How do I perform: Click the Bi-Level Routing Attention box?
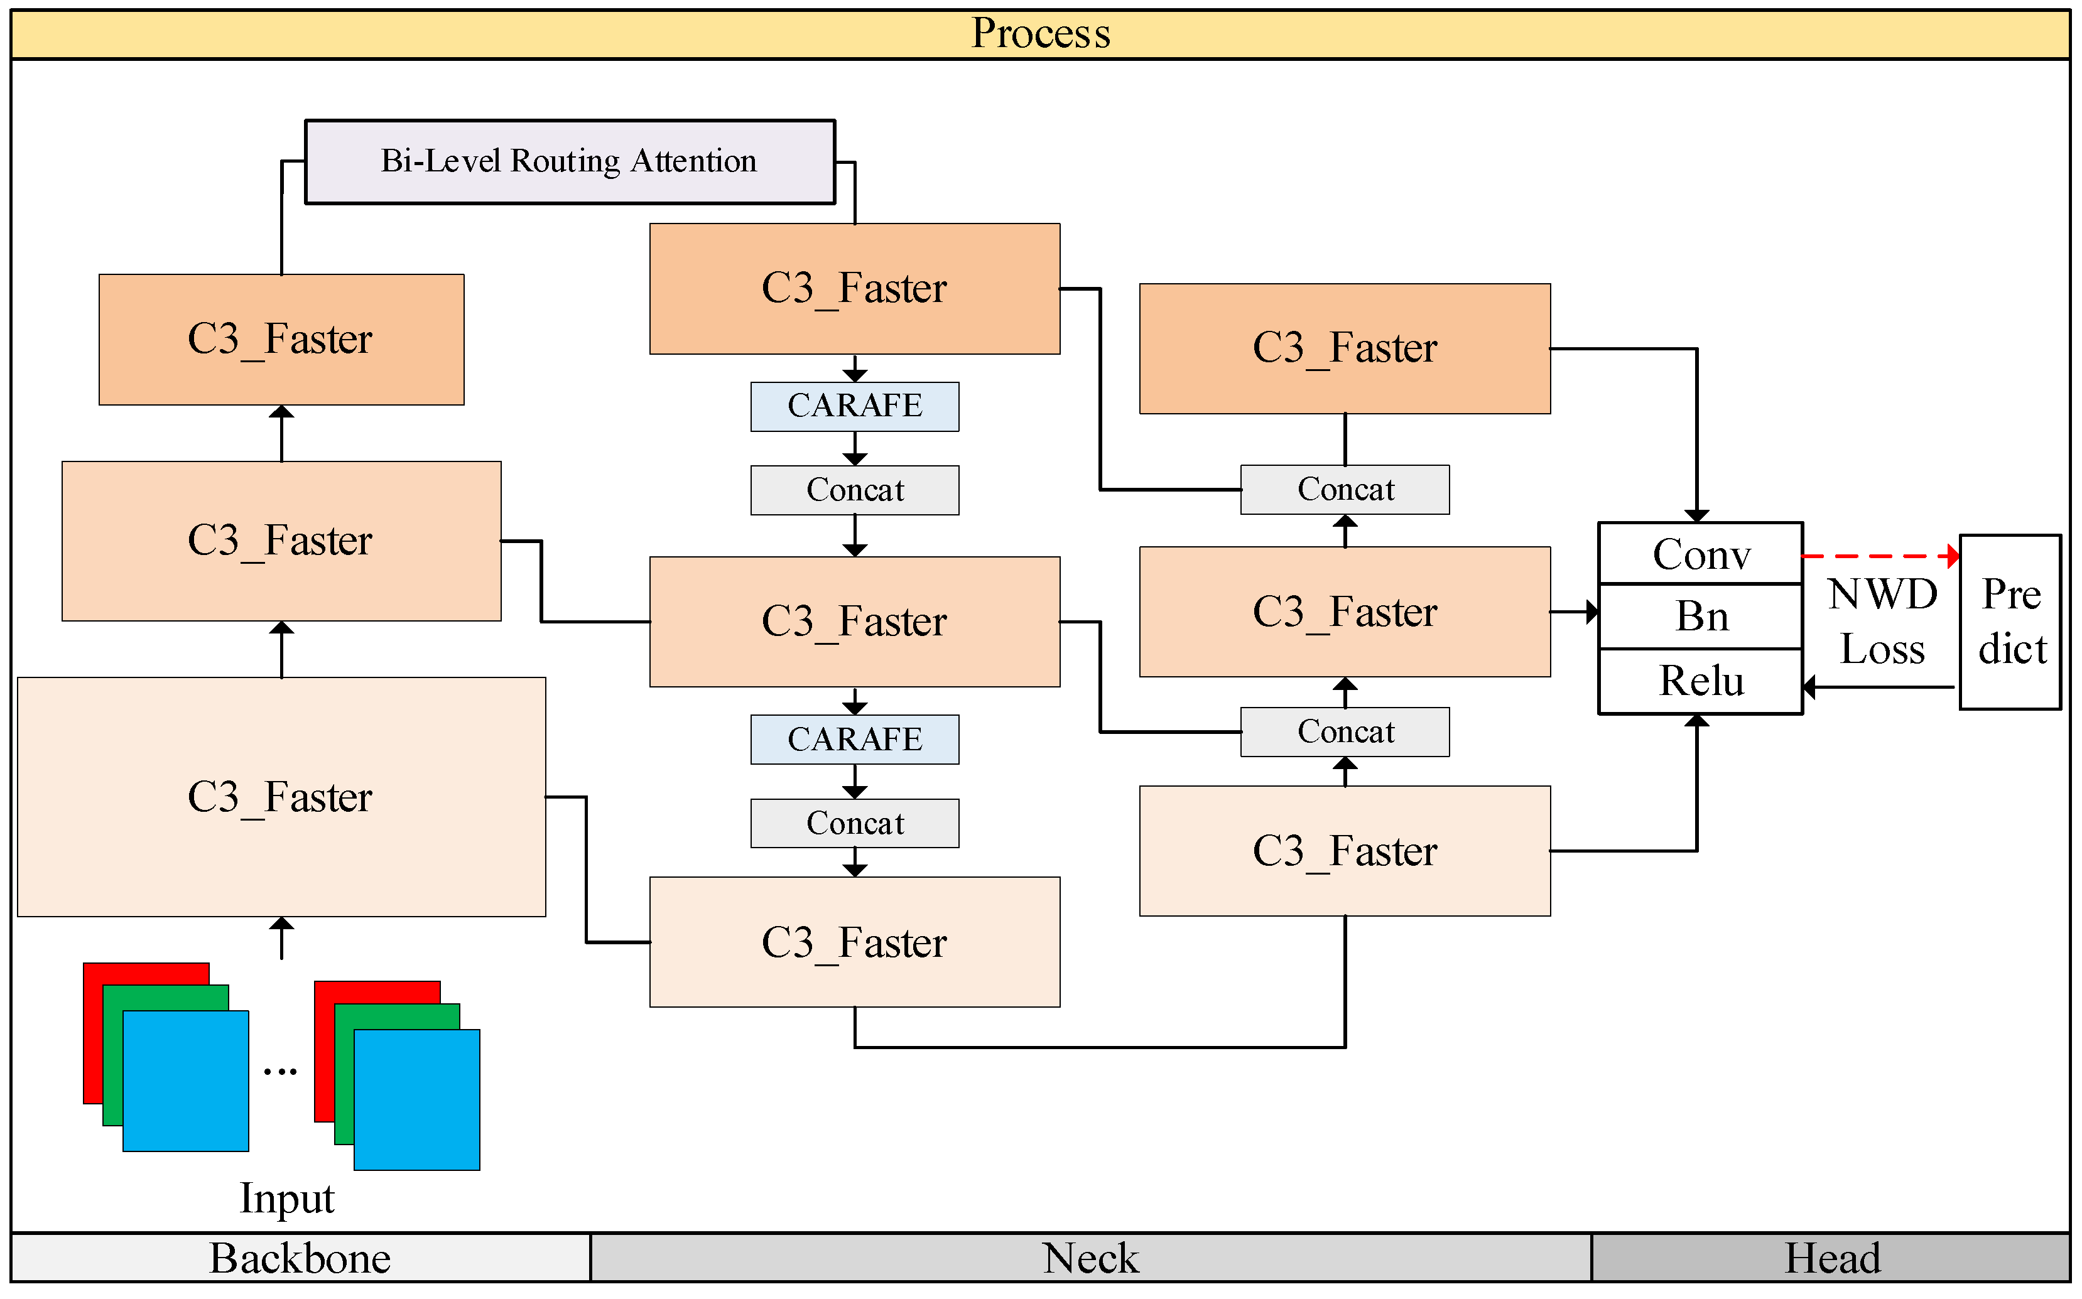point(570,161)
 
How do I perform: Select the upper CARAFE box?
point(854,406)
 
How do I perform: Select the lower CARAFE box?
point(854,740)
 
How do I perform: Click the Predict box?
point(2010,622)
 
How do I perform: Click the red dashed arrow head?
point(1953,557)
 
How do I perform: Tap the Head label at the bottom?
point(1831,1259)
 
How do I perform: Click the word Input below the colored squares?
point(286,1199)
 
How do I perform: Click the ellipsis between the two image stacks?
point(280,1071)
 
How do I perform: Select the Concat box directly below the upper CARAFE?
point(854,490)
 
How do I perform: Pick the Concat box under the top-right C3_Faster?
point(1345,490)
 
